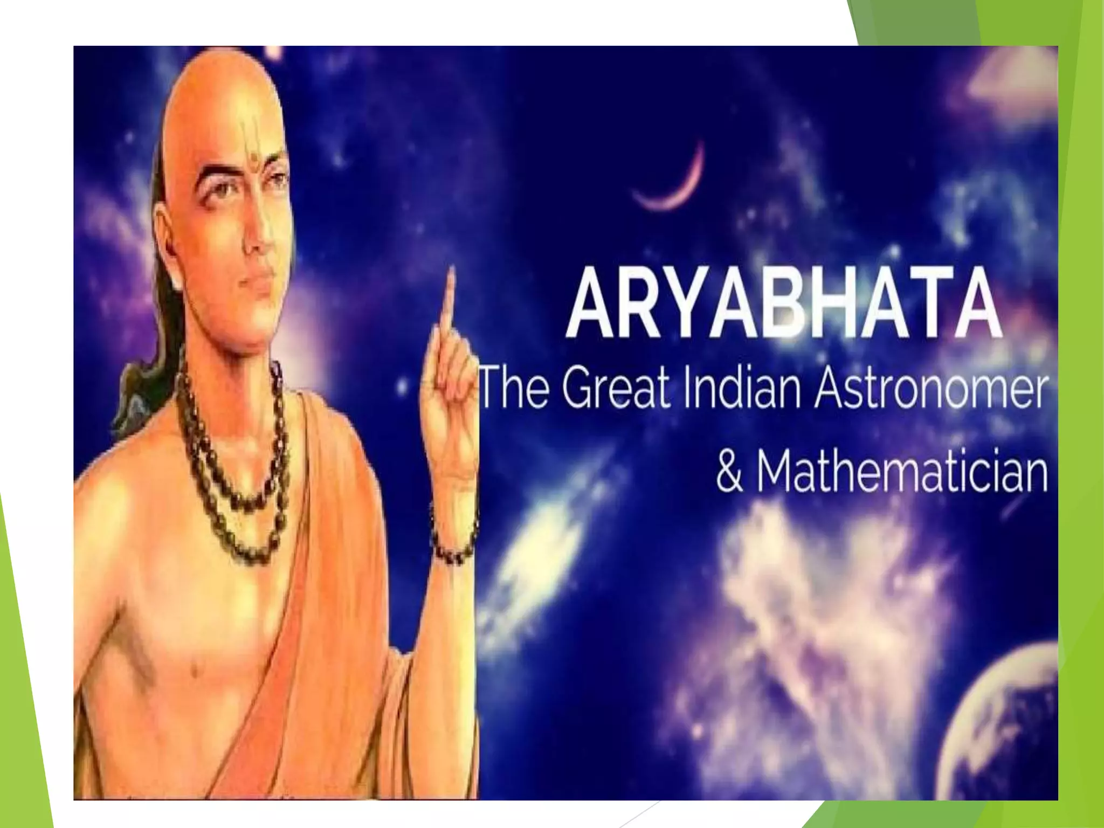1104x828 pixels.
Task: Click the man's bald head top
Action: pyautogui.click(x=226, y=81)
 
